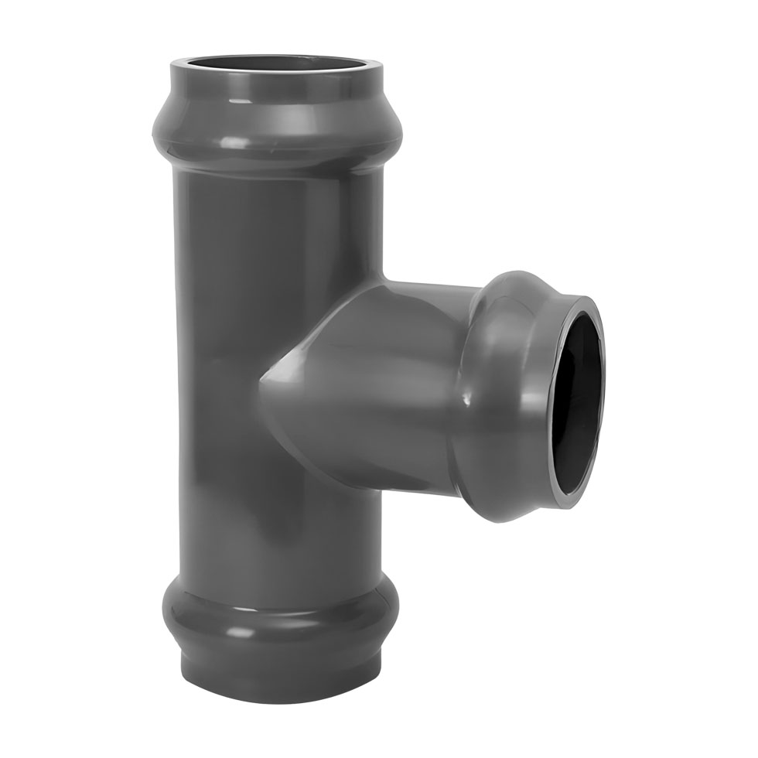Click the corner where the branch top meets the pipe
384,278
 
